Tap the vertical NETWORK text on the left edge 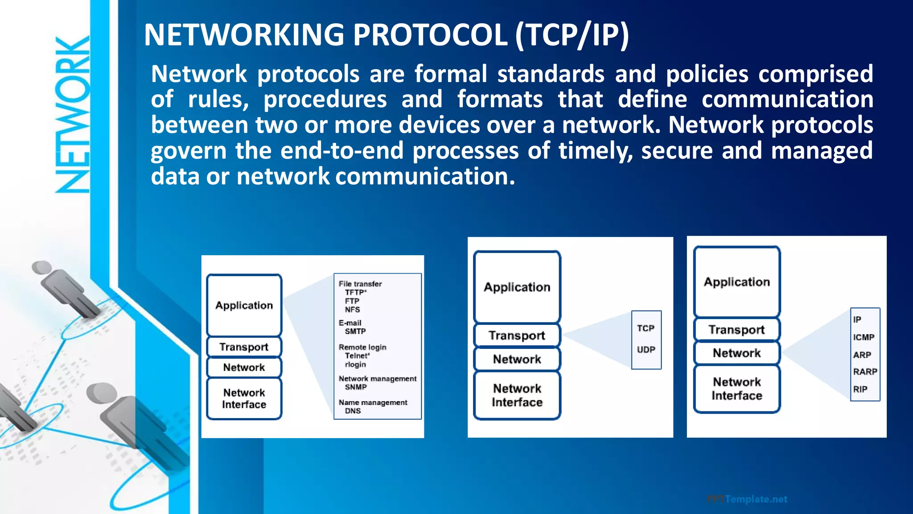tap(73, 115)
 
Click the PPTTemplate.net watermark tap(747, 499)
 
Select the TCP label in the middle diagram tap(646, 328)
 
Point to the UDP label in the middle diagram tap(646, 350)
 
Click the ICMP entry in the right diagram tap(864, 337)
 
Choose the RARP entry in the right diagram tap(865, 372)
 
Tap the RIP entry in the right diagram tap(860, 389)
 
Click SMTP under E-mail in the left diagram tap(355, 332)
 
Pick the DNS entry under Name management tap(353, 411)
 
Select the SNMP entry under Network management tap(356, 387)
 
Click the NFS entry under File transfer tap(352, 310)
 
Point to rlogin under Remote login tap(355, 365)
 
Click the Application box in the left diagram tap(244, 306)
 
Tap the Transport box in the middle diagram tap(517, 336)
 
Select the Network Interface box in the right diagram tap(736, 389)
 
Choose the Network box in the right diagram tap(736, 353)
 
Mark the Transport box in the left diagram tap(244, 347)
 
